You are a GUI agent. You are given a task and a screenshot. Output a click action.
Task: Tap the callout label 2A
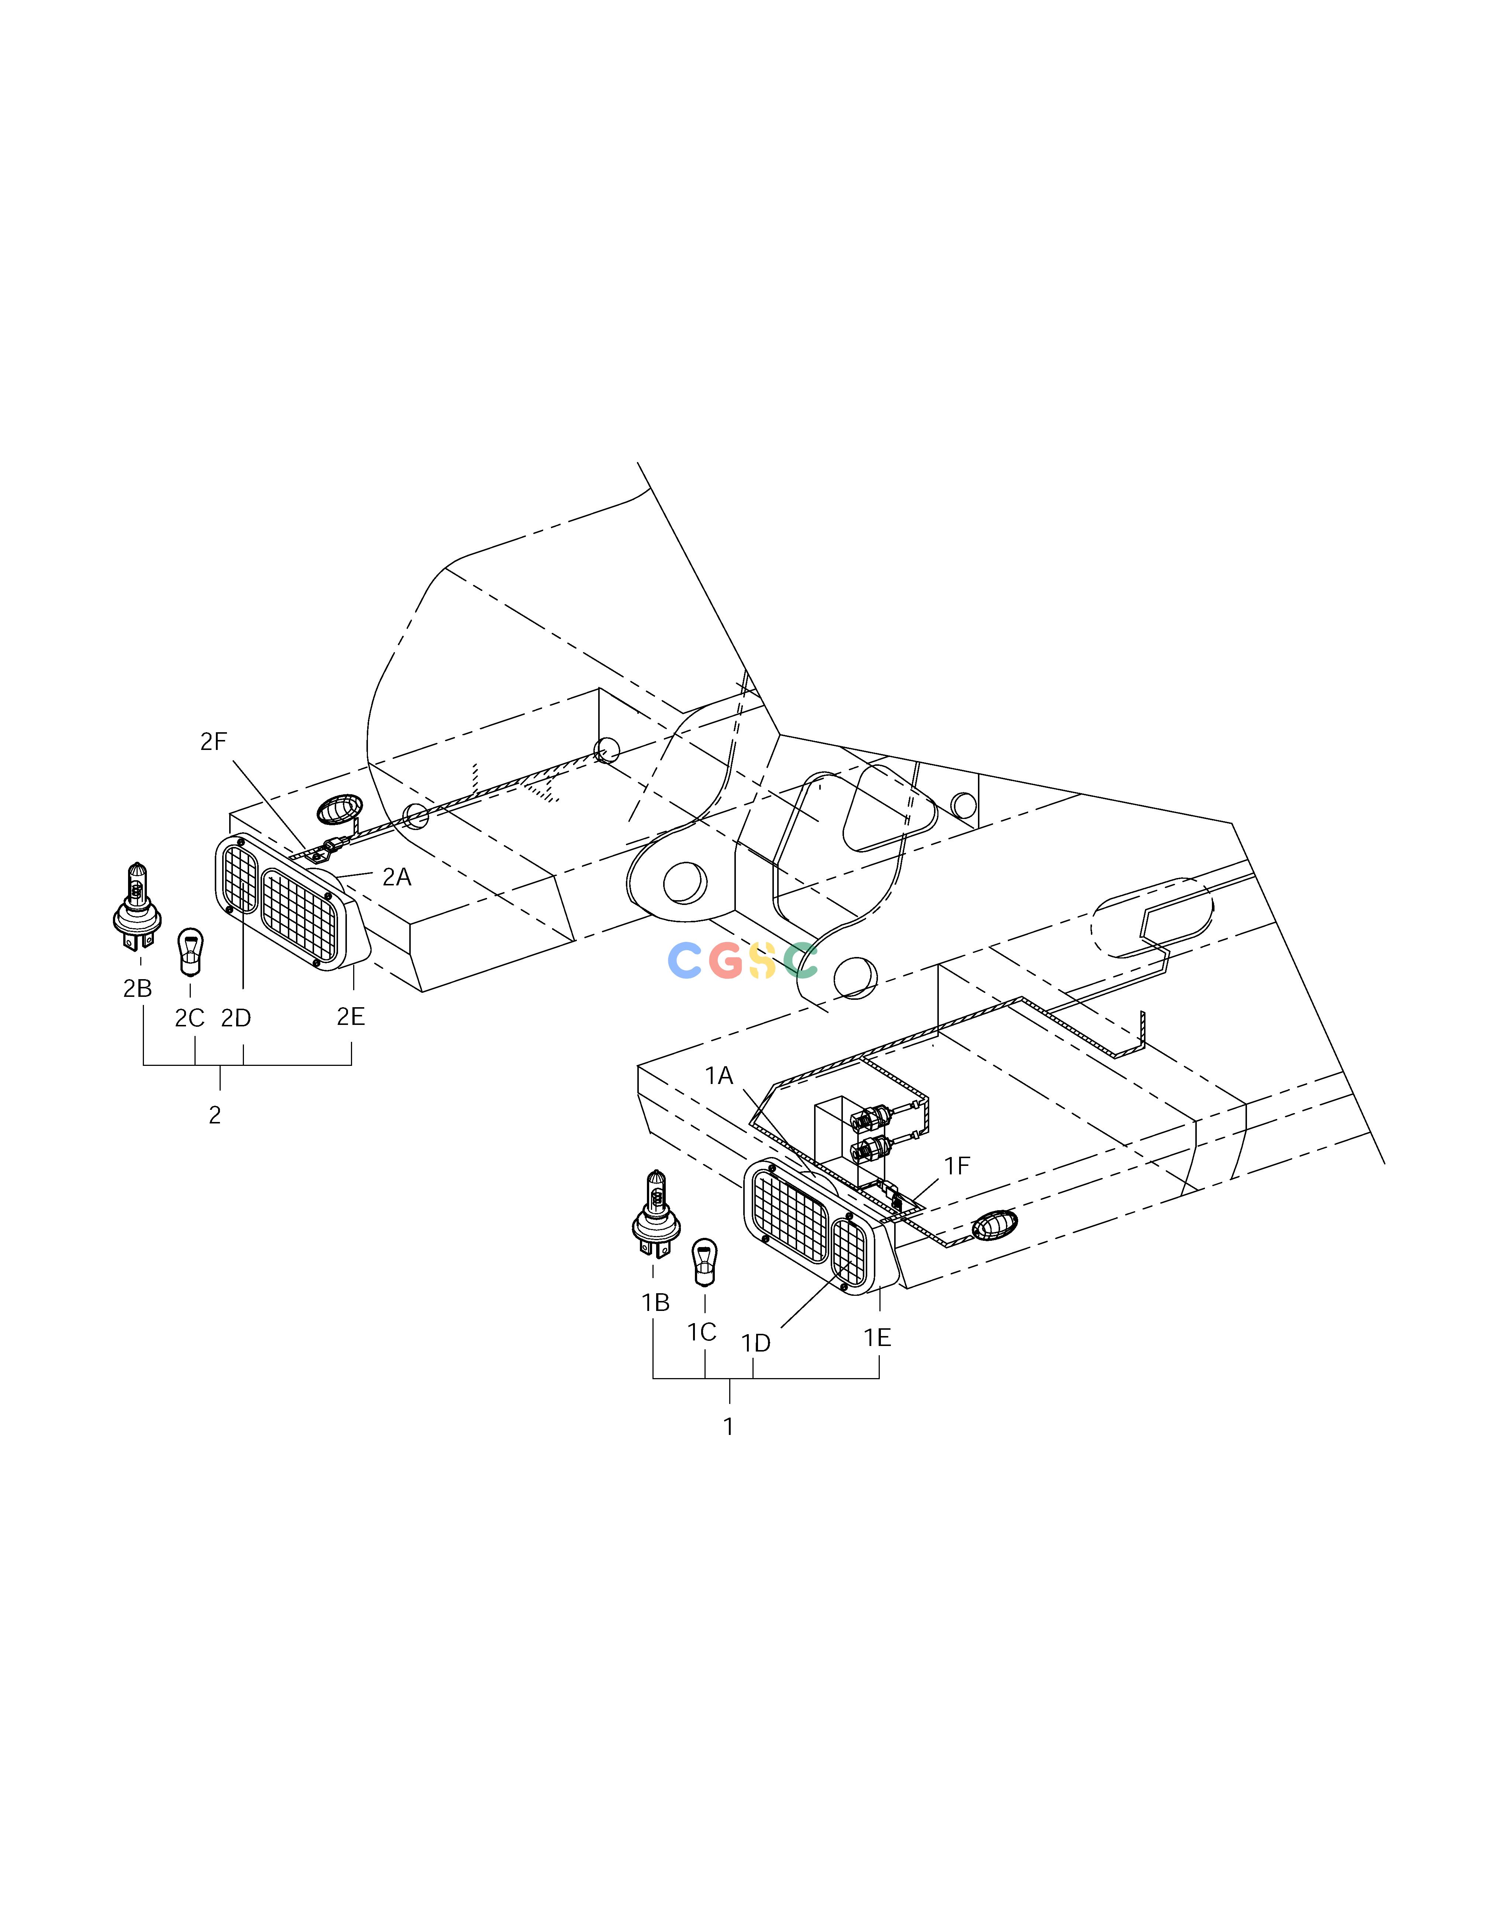click(397, 877)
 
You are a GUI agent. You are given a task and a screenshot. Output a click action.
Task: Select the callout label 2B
click(138, 989)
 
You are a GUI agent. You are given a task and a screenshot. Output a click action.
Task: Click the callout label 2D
click(236, 1018)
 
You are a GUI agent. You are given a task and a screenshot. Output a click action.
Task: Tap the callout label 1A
click(719, 1076)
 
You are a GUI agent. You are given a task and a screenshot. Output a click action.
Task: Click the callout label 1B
click(655, 1303)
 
